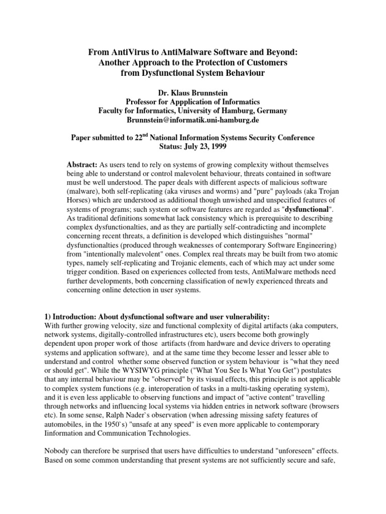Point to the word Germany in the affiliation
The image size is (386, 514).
tap(272, 111)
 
